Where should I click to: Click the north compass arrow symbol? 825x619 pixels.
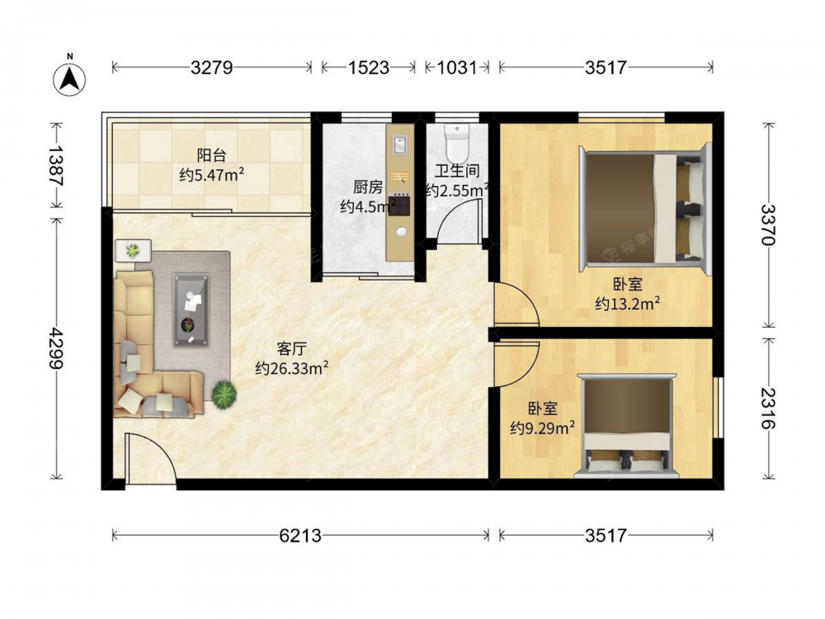69,79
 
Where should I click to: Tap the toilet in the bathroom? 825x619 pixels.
456,143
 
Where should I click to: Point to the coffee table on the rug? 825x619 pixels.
191,309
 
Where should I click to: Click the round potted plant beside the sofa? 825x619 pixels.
224,393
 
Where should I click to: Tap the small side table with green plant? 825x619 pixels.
133,251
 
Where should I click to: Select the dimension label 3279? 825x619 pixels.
211,68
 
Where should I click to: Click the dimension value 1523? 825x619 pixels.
368,68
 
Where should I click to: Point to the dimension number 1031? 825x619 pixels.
457,68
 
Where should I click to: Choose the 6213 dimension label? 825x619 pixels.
300,536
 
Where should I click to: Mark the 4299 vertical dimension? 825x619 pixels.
56,348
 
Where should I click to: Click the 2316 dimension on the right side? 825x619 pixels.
769,408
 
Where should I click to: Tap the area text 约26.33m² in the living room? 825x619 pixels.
292,367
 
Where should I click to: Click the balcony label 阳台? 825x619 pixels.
211,155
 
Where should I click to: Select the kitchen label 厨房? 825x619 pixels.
368,187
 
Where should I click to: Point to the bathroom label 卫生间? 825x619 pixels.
457,171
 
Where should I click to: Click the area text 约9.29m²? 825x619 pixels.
543,428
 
